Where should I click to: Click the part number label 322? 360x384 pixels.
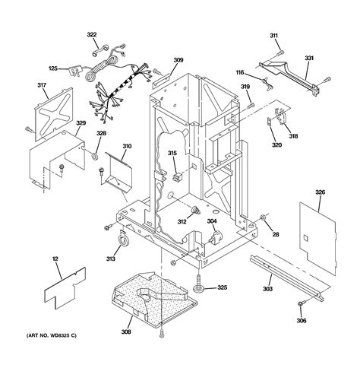(x=92, y=35)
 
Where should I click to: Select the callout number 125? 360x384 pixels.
(x=52, y=68)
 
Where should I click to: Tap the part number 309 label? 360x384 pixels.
(x=178, y=60)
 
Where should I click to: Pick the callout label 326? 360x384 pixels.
(x=321, y=192)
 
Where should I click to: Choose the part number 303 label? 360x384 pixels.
(x=268, y=290)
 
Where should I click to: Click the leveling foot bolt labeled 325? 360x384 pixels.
(x=201, y=286)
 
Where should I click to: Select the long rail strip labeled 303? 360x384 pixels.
(x=289, y=274)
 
